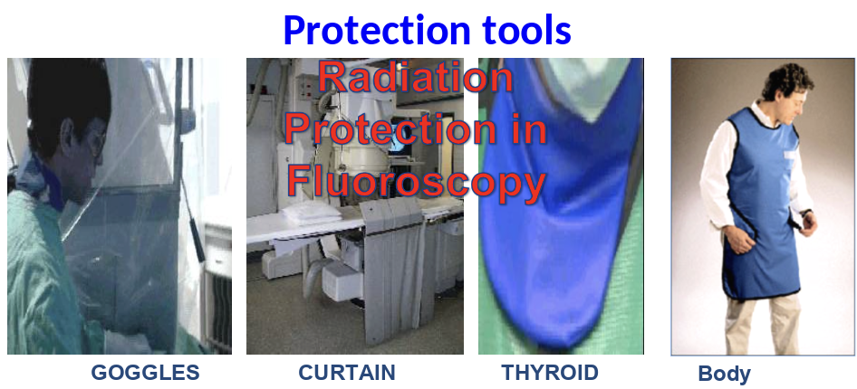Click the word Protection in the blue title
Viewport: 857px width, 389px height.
[x=377, y=30]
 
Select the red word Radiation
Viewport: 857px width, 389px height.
[x=416, y=77]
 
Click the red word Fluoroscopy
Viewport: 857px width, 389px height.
[x=417, y=183]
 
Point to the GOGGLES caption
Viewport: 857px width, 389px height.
[x=145, y=373]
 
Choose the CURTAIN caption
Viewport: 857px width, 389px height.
[x=347, y=373]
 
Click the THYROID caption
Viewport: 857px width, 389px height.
[x=550, y=373]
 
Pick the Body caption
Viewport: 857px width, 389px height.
[x=724, y=374]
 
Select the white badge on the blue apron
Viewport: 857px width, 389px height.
[x=791, y=155]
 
